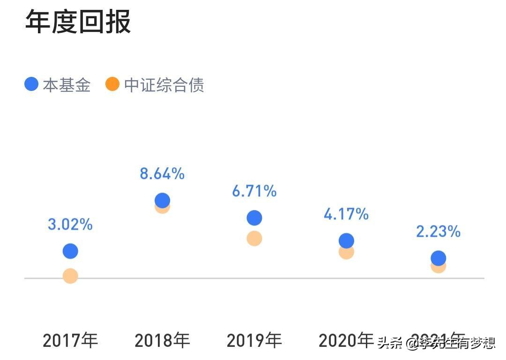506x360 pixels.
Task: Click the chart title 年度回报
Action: (78, 22)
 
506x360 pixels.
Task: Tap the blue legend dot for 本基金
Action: (31, 84)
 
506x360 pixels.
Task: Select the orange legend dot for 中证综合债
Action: (112, 84)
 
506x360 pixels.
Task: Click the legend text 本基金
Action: (67, 85)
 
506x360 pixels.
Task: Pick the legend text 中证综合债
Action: (164, 85)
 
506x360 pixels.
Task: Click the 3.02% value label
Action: (70, 225)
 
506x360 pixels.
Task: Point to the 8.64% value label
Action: (162, 174)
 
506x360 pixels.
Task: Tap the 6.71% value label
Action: (254, 191)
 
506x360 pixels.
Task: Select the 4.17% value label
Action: (346, 214)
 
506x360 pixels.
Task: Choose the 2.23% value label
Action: (438, 232)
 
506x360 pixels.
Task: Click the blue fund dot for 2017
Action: (70, 251)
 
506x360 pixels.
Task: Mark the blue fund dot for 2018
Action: (162, 200)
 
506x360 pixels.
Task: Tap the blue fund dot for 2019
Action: (254, 217)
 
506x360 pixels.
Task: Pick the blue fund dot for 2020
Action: (346, 240)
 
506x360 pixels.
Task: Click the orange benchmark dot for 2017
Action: (70, 276)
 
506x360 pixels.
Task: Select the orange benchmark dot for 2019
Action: (254, 239)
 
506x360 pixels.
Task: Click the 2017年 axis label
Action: (70, 340)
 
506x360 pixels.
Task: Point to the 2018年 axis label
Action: (162, 340)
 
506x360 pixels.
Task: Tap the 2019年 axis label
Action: (254, 340)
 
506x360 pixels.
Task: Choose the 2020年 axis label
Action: (346, 340)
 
